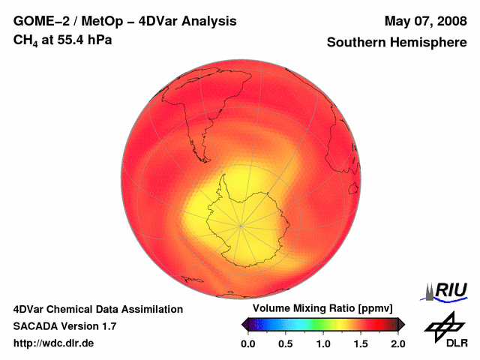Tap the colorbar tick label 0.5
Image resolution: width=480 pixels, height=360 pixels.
tap(285, 343)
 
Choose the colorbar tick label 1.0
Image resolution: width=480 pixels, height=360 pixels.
tap(322, 343)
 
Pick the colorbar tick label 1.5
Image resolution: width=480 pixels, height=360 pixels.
tap(360, 343)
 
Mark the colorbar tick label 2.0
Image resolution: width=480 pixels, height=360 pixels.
tap(397, 343)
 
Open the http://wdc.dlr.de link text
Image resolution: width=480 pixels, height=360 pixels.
tap(54, 343)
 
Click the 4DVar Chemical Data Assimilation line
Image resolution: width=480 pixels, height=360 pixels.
tap(97, 309)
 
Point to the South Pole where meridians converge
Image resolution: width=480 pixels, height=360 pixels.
tap(241, 223)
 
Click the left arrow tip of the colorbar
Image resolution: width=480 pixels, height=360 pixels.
tap(242, 324)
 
